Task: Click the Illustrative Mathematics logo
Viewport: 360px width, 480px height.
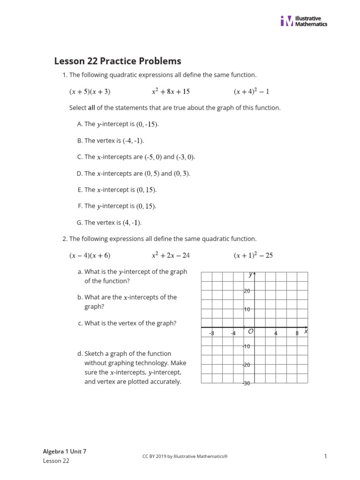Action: [x=304, y=21]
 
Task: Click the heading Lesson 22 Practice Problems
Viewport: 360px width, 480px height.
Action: [x=118, y=61]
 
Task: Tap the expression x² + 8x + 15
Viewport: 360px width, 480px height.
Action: [x=171, y=91]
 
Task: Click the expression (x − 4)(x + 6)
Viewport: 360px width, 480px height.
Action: [x=90, y=255]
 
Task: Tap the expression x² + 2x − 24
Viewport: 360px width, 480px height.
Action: [x=171, y=255]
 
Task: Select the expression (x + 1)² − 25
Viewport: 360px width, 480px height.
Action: [x=253, y=255]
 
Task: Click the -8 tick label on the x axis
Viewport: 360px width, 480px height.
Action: [x=211, y=333]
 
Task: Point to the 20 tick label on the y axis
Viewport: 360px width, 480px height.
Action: [x=247, y=291]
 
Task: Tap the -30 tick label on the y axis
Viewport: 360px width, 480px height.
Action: [x=246, y=383]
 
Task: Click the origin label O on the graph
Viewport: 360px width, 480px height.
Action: [x=251, y=332]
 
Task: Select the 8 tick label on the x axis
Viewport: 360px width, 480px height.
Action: [x=297, y=333]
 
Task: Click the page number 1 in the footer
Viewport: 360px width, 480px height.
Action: [x=324, y=456]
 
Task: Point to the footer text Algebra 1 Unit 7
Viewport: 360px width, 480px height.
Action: [x=65, y=451]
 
